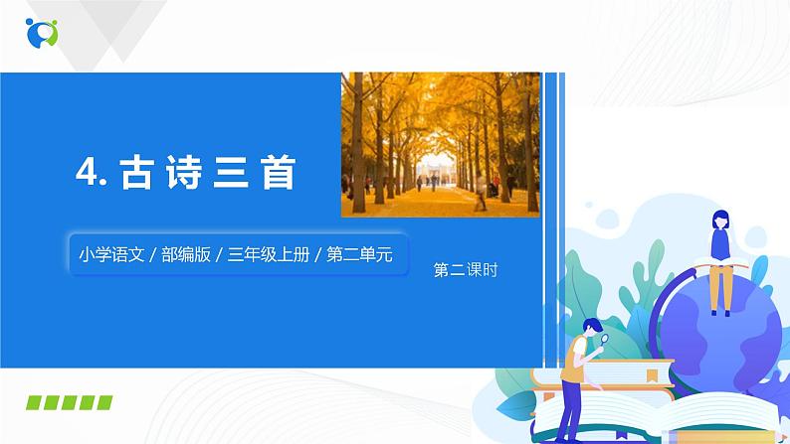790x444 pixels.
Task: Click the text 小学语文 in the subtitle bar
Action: point(106,254)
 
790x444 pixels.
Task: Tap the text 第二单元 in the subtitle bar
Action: point(361,254)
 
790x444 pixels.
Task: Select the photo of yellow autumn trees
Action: point(440,144)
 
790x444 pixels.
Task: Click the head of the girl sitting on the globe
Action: point(719,221)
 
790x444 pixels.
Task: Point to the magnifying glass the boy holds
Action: point(605,341)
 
